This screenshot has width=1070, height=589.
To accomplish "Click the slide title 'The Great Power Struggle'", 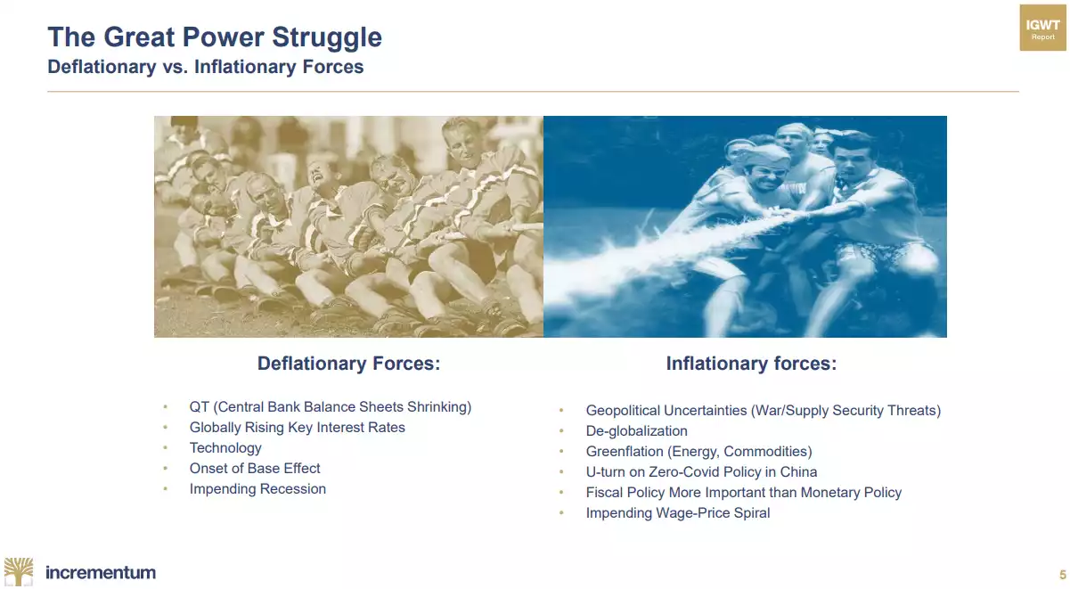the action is pyautogui.click(x=215, y=37).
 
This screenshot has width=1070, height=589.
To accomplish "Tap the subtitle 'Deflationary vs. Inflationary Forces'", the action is pyautogui.click(x=206, y=67).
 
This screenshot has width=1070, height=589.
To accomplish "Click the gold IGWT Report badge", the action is pyautogui.click(x=1042, y=28).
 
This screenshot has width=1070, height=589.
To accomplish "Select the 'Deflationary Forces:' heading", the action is pyautogui.click(x=348, y=364).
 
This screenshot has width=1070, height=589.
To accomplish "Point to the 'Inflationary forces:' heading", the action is pyautogui.click(x=751, y=364).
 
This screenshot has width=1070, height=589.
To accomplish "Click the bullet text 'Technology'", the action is pyautogui.click(x=225, y=448).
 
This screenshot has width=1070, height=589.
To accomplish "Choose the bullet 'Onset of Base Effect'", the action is pyautogui.click(x=255, y=468).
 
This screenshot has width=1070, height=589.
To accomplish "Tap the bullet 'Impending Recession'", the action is pyautogui.click(x=257, y=489).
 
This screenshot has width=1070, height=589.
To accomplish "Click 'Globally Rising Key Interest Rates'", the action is pyautogui.click(x=297, y=428).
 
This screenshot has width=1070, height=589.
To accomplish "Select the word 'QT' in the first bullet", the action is pyautogui.click(x=200, y=407).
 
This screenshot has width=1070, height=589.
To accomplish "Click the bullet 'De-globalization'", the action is pyautogui.click(x=637, y=431).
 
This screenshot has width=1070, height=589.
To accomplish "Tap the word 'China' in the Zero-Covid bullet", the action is pyautogui.click(x=798, y=472).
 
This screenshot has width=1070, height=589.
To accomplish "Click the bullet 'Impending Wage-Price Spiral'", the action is pyautogui.click(x=678, y=513).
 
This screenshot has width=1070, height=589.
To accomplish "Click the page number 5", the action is pyautogui.click(x=1063, y=575).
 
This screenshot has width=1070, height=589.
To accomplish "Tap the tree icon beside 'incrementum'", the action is pyautogui.click(x=19, y=571).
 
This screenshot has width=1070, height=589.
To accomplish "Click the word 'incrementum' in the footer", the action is pyautogui.click(x=101, y=572).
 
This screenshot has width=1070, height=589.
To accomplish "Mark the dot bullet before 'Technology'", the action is pyautogui.click(x=166, y=448).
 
